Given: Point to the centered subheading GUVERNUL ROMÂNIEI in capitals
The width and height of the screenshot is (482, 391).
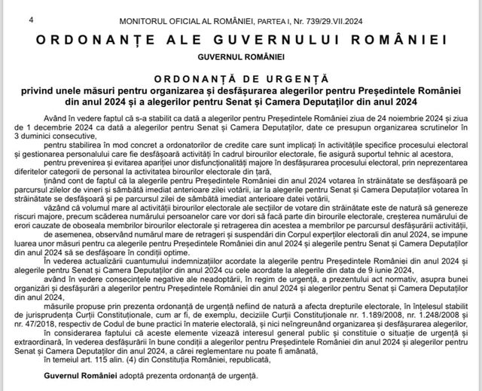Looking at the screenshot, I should point(241,56).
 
